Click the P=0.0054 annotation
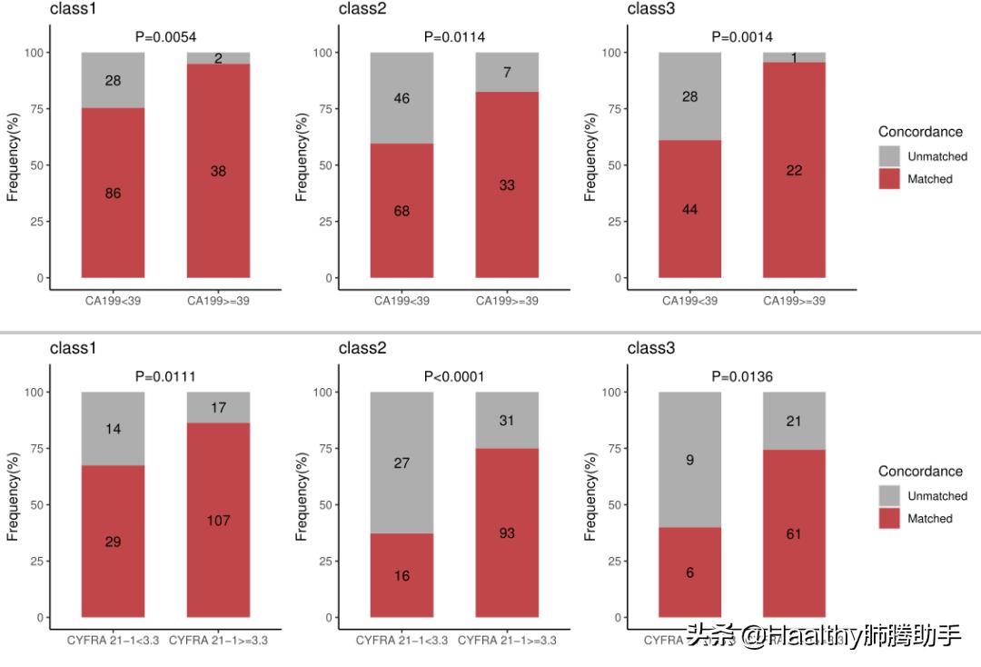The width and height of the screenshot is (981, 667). point(165,37)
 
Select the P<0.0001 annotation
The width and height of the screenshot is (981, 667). point(454,377)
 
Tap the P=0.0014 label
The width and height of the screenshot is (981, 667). point(742,37)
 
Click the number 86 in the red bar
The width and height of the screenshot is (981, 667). point(113,194)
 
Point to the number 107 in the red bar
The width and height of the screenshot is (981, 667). point(218,521)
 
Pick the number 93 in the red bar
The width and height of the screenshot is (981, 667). point(507,533)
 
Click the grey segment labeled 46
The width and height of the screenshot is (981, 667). point(401,98)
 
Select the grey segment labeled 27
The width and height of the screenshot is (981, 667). point(401,463)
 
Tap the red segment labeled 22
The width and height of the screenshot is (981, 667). point(794,171)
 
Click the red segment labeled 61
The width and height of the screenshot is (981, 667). point(794,533)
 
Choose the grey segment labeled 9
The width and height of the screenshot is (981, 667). point(689,460)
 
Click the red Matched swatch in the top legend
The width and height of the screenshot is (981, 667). point(889,179)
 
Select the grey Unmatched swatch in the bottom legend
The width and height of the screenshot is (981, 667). point(889,496)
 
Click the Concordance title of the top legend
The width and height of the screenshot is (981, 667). point(920,132)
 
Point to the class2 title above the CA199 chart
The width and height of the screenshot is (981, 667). point(362,9)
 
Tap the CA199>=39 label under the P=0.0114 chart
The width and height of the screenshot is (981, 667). point(507,301)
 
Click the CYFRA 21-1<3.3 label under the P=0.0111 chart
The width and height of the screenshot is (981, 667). point(113,641)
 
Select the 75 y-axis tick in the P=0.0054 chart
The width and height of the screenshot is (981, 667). point(37,109)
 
